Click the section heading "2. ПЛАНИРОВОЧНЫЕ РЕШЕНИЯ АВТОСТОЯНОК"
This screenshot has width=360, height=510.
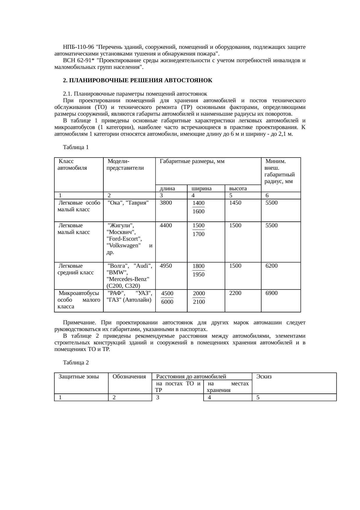pyautogui.click(x=138, y=80)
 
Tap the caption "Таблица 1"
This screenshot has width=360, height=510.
pyautogui.click(x=75, y=147)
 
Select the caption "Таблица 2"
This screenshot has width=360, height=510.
pyautogui.click(x=75, y=363)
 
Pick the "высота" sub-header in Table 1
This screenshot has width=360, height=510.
pyautogui.click(x=238, y=188)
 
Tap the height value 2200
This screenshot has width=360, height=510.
pyautogui.click(x=235, y=293)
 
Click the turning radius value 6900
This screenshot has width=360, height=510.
pyautogui.click(x=271, y=293)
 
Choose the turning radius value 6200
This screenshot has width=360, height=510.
pyautogui.click(x=271, y=266)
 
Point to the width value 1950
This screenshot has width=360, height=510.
pyautogui.click(x=199, y=274)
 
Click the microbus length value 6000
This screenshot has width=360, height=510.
pyautogui.click(x=167, y=302)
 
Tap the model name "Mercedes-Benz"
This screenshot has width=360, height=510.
pyautogui.click(x=128, y=279)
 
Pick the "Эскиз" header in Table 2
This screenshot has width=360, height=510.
pyautogui.click(x=264, y=377)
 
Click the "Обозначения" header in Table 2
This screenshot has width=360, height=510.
pyautogui.click(x=129, y=377)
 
